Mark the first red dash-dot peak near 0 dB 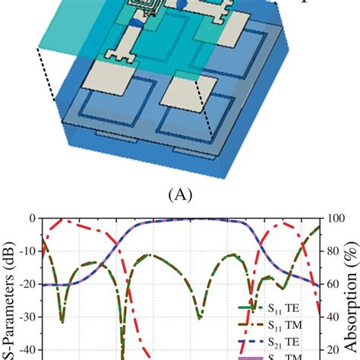tap(65, 221)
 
